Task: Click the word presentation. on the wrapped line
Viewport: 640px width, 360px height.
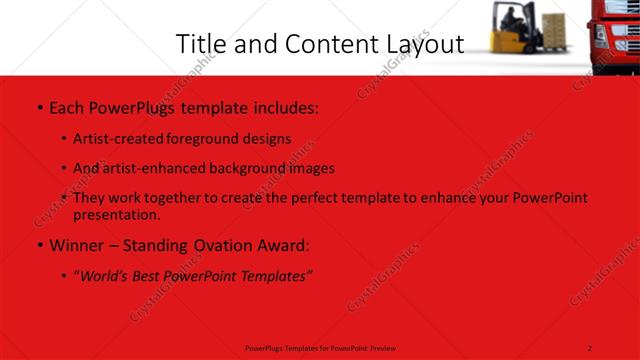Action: click(x=116, y=214)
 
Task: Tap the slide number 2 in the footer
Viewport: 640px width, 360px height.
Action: click(x=591, y=347)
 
